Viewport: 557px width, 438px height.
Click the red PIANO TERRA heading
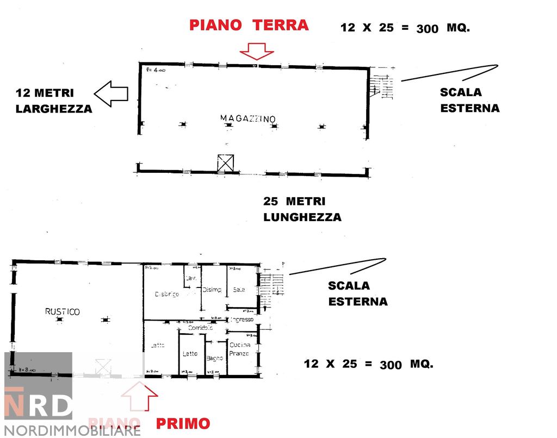point(249,25)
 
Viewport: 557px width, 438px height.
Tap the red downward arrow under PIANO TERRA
point(257,51)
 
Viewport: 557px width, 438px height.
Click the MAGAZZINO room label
point(248,118)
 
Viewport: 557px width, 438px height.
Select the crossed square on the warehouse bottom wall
point(225,163)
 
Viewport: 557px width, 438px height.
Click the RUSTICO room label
point(62,311)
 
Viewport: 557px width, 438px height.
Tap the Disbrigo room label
point(166,294)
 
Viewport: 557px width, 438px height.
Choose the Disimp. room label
point(212,290)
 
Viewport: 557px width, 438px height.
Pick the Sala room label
point(239,290)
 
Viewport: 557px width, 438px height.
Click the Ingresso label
point(242,320)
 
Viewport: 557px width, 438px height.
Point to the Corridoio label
point(199,328)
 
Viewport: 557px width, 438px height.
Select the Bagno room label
point(215,358)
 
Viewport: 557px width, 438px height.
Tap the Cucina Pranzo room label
point(239,349)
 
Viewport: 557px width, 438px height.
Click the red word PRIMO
point(183,423)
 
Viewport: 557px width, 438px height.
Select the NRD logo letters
point(38,403)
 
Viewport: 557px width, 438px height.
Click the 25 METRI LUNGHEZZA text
point(302,209)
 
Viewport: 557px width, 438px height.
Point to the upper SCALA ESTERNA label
point(469,100)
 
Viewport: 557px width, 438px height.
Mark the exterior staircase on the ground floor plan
point(381,86)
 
